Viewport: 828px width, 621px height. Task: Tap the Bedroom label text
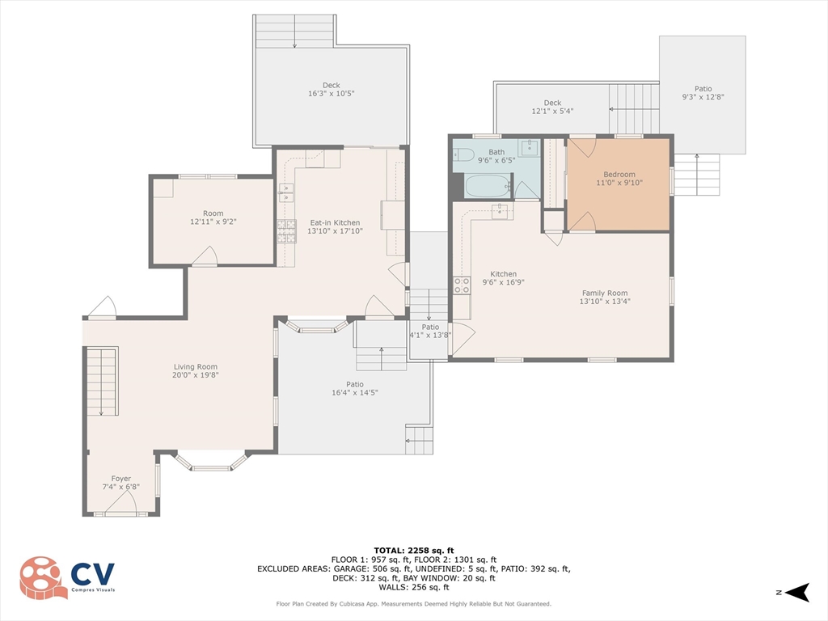[x=619, y=175]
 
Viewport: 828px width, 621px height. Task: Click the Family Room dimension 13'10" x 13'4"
[x=605, y=302]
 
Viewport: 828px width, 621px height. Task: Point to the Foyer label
[x=121, y=479]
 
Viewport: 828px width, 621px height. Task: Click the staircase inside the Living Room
[x=102, y=382]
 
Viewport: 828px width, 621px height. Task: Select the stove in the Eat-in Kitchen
[x=287, y=231]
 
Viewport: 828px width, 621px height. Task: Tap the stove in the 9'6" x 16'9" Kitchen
[x=462, y=285]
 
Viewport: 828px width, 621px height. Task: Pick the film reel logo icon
[x=43, y=578]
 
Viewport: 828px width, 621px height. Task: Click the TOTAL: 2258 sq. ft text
[x=414, y=551]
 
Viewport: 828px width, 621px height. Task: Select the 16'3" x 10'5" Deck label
[x=331, y=89]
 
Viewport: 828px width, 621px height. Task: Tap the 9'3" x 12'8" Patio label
[x=703, y=93]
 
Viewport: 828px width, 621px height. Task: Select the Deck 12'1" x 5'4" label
[x=552, y=108]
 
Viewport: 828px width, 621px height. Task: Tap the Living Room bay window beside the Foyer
[x=211, y=460]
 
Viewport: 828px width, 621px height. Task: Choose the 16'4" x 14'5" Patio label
[x=355, y=389]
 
